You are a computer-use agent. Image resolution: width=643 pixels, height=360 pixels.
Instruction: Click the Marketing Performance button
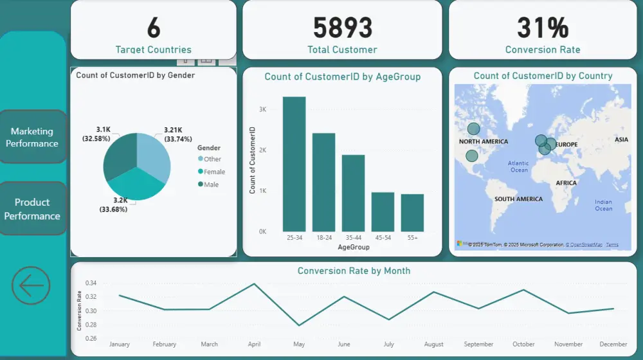coord(32,137)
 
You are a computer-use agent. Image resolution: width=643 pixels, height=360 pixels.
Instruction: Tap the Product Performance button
coord(32,209)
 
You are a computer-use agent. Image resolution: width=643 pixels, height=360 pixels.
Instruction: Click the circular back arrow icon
coord(31,285)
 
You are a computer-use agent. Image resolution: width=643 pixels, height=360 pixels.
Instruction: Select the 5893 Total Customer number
coord(342,28)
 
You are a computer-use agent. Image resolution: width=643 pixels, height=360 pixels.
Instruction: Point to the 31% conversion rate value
coord(543,28)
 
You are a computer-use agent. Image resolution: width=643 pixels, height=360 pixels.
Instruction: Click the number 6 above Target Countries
coord(153,28)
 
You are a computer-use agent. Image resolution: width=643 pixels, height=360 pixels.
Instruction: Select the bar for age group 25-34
coord(294,164)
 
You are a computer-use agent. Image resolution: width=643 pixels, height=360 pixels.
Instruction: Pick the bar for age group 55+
coord(412,213)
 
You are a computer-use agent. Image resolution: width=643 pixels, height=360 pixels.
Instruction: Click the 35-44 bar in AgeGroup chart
coord(353,193)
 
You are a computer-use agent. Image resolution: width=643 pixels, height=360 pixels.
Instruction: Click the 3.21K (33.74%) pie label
coord(178,134)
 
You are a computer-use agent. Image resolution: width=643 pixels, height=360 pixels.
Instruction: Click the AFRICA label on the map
coord(566,183)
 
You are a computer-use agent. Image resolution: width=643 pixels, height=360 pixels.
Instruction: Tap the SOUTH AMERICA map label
coord(518,199)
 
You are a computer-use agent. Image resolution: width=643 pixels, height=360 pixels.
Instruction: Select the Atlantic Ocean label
coord(518,166)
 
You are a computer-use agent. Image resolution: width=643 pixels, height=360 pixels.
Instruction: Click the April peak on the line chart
coord(254,283)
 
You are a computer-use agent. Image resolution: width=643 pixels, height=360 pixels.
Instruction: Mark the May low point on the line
coord(299,325)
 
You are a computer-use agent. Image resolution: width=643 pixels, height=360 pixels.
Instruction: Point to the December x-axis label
coord(613,345)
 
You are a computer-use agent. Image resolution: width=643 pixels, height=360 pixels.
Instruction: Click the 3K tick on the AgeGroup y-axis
coord(262,110)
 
